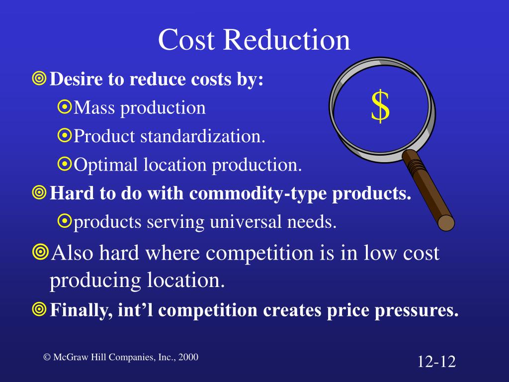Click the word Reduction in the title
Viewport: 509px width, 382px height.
(x=287, y=40)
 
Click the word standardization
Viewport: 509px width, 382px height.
(x=202, y=136)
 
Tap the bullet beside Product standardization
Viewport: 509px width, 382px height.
(x=65, y=136)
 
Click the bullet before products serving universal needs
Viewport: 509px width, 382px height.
(x=65, y=222)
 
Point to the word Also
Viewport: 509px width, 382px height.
(x=72, y=253)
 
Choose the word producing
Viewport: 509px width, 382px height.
(x=94, y=281)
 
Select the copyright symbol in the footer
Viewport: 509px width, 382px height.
(x=47, y=357)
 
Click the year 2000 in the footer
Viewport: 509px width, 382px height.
(x=188, y=357)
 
